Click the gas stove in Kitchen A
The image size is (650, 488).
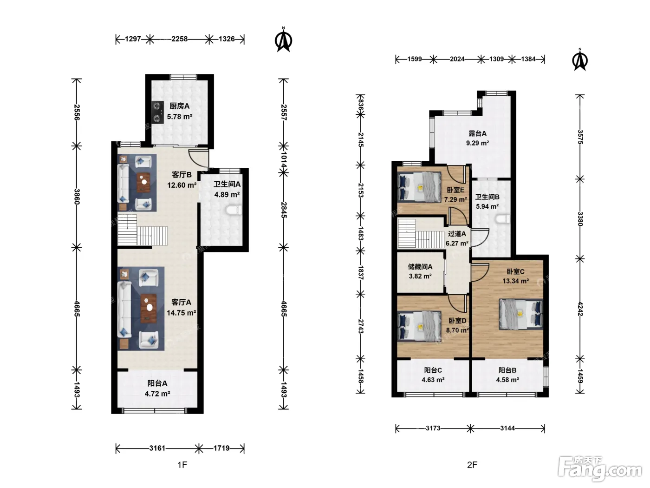[157, 112]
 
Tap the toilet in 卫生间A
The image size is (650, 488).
[234, 211]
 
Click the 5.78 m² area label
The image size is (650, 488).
[180, 117]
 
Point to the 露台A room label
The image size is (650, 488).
[477, 134]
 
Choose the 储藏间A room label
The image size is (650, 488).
[420, 267]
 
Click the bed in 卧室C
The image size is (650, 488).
[521, 314]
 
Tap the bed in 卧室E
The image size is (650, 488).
[419, 188]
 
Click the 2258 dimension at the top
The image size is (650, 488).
[180, 39]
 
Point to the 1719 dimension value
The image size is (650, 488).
[221, 448]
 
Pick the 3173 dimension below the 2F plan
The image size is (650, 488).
[433, 428]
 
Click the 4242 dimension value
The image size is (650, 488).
[580, 309]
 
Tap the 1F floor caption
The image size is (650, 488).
[182, 465]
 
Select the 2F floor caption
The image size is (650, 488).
[472, 465]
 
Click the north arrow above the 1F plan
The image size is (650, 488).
[283, 40]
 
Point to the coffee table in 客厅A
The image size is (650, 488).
[149, 308]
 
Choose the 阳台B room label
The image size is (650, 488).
[507, 370]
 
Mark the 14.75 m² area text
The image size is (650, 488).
[181, 313]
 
